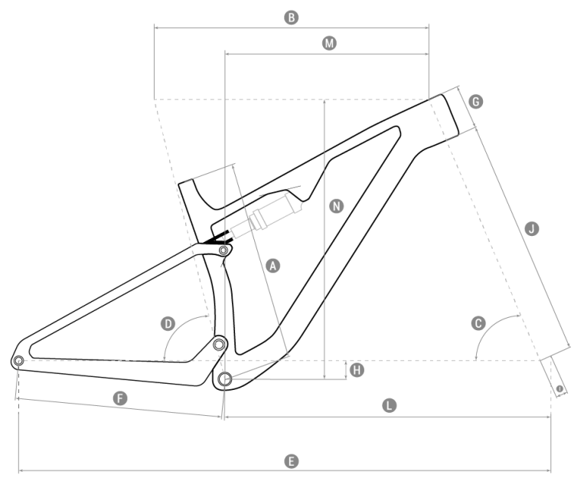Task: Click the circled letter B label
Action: pos(291,17)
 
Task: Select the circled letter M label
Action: pos(329,44)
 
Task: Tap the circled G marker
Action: pos(475,102)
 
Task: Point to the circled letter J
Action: pos(531,228)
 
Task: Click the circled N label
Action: pos(335,206)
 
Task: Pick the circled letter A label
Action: pos(272,266)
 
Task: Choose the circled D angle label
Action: pos(168,324)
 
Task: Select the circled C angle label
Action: pos(479,323)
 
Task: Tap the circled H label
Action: pos(357,370)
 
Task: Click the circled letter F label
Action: pos(119,398)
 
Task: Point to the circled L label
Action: pos(390,405)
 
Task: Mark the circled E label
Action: pos(291,461)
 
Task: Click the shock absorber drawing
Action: pos(264,217)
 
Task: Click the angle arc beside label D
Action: pos(181,328)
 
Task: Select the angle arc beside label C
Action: pos(491,327)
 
